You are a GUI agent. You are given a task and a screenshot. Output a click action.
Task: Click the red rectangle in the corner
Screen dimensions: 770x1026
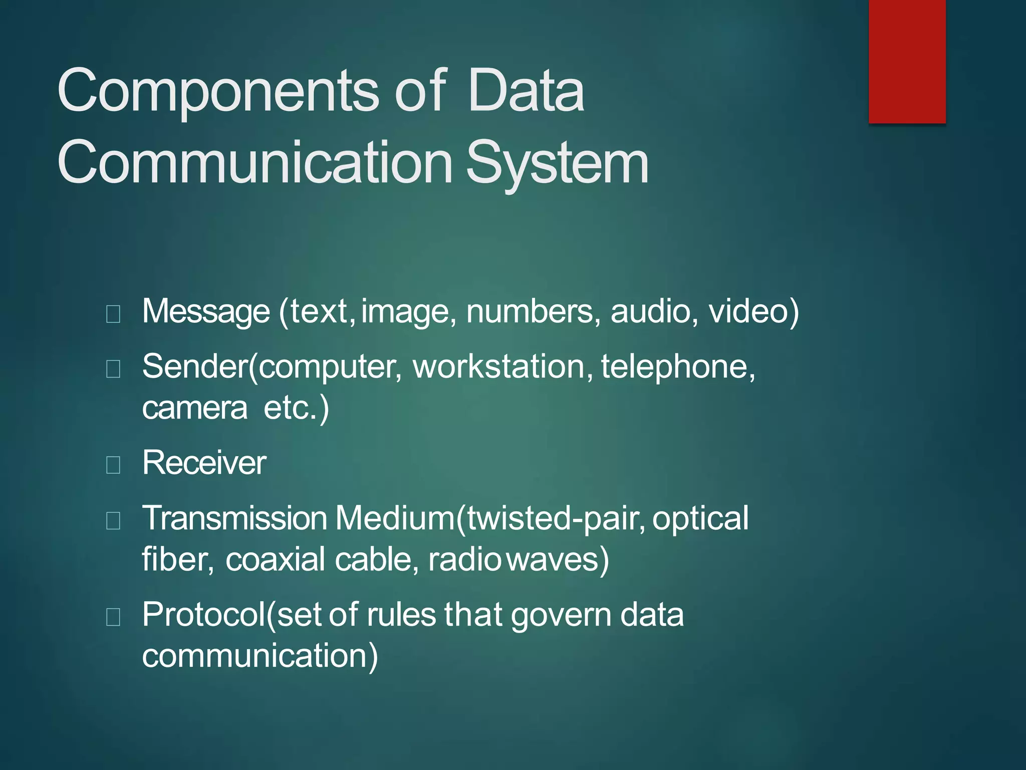pos(907,61)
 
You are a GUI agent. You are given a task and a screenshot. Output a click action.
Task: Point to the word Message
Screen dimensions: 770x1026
pos(206,311)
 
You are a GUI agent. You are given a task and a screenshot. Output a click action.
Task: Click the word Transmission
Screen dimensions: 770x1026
pos(234,518)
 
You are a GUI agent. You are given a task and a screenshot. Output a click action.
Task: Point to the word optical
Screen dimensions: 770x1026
pos(700,518)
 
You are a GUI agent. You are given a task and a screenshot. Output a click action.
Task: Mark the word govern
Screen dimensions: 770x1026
pos(561,615)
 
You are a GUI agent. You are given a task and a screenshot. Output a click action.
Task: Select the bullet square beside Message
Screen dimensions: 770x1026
pos(113,314)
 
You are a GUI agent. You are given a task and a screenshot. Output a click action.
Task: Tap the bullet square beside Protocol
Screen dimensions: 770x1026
pos(113,617)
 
